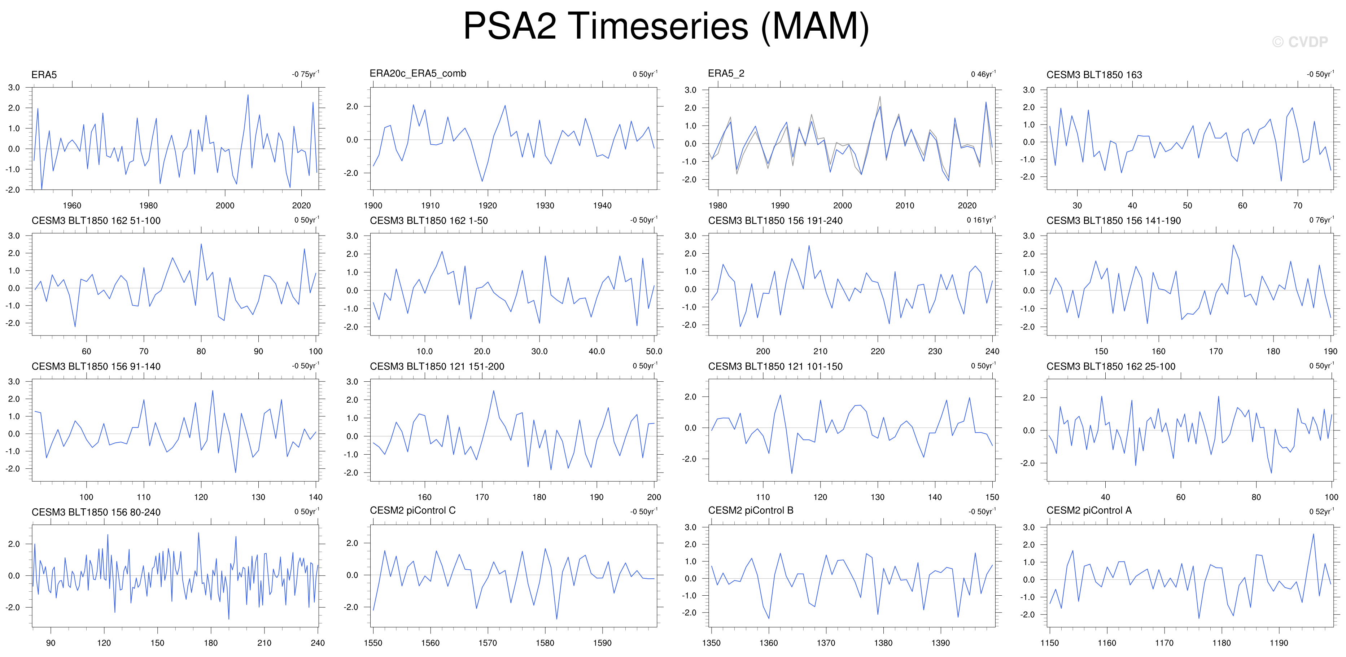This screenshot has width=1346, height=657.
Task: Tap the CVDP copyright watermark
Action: point(1300,42)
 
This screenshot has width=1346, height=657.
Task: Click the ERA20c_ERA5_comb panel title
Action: point(418,74)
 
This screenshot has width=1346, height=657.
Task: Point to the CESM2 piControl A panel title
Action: point(1089,510)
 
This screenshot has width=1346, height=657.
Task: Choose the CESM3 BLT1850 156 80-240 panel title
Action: point(96,512)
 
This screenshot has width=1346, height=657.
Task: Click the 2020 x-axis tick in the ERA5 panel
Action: point(301,205)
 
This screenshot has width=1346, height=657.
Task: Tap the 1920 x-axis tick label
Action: point(488,205)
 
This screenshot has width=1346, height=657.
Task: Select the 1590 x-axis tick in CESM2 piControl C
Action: point(602,643)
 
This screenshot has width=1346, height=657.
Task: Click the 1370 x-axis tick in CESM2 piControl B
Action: point(826,643)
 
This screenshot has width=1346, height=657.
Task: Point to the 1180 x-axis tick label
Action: point(1221,643)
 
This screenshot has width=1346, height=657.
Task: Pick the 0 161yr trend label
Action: point(981,220)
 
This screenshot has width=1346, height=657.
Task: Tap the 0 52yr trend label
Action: point(1321,511)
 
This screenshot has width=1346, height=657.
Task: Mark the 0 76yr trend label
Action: point(1321,220)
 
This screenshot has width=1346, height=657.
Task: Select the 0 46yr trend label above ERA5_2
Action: point(983,74)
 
